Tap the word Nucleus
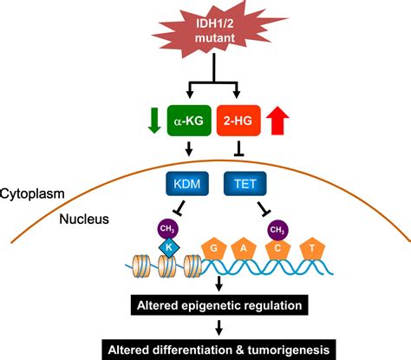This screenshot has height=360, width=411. click(x=85, y=219)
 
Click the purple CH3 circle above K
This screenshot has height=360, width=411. click(x=166, y=229)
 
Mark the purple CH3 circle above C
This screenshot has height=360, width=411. click(x=277, y=229)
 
